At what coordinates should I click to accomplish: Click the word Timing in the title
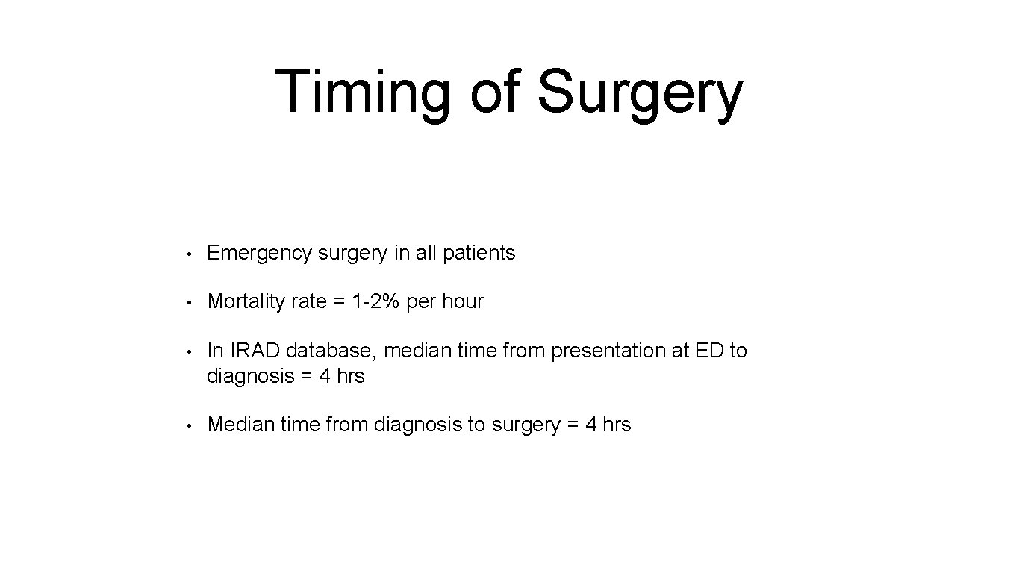[x=363, y=93]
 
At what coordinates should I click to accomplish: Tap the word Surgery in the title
[x=640, y=93]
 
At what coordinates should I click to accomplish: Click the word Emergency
[x=259, y=254]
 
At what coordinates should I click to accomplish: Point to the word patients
[x=479, y=254]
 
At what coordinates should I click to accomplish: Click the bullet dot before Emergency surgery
[x=192, y=254]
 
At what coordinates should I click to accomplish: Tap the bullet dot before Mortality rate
[x=192, y=302]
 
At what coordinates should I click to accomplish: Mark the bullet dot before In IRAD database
[x=192, y=351]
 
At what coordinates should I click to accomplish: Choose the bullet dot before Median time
[x=192, y=425]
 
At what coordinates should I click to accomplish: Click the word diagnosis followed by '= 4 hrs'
[x=249, y=376]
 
